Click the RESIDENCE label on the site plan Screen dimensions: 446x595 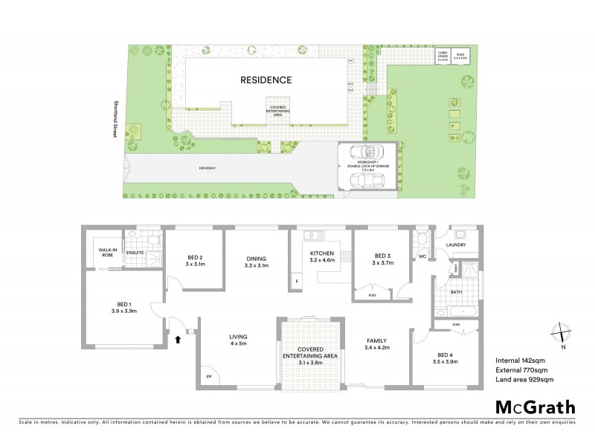click(x=266, y=80)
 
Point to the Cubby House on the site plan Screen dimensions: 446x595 click(x=443, y=55)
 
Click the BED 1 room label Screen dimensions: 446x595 click(x=124, y=304)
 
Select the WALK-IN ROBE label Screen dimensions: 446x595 click(x=103, y=252)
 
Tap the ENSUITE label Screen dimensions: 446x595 click(x=135, y=253)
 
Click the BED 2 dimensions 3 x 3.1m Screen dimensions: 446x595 click(x=195, y=264)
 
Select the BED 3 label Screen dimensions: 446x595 click(x=382, y=254)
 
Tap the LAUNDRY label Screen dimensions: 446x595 click(x=456, y=244)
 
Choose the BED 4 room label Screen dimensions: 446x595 click(x=445, y=355)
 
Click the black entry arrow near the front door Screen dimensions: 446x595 click(x=177, y=340)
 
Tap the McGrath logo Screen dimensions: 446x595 click(x=535, y=407)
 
